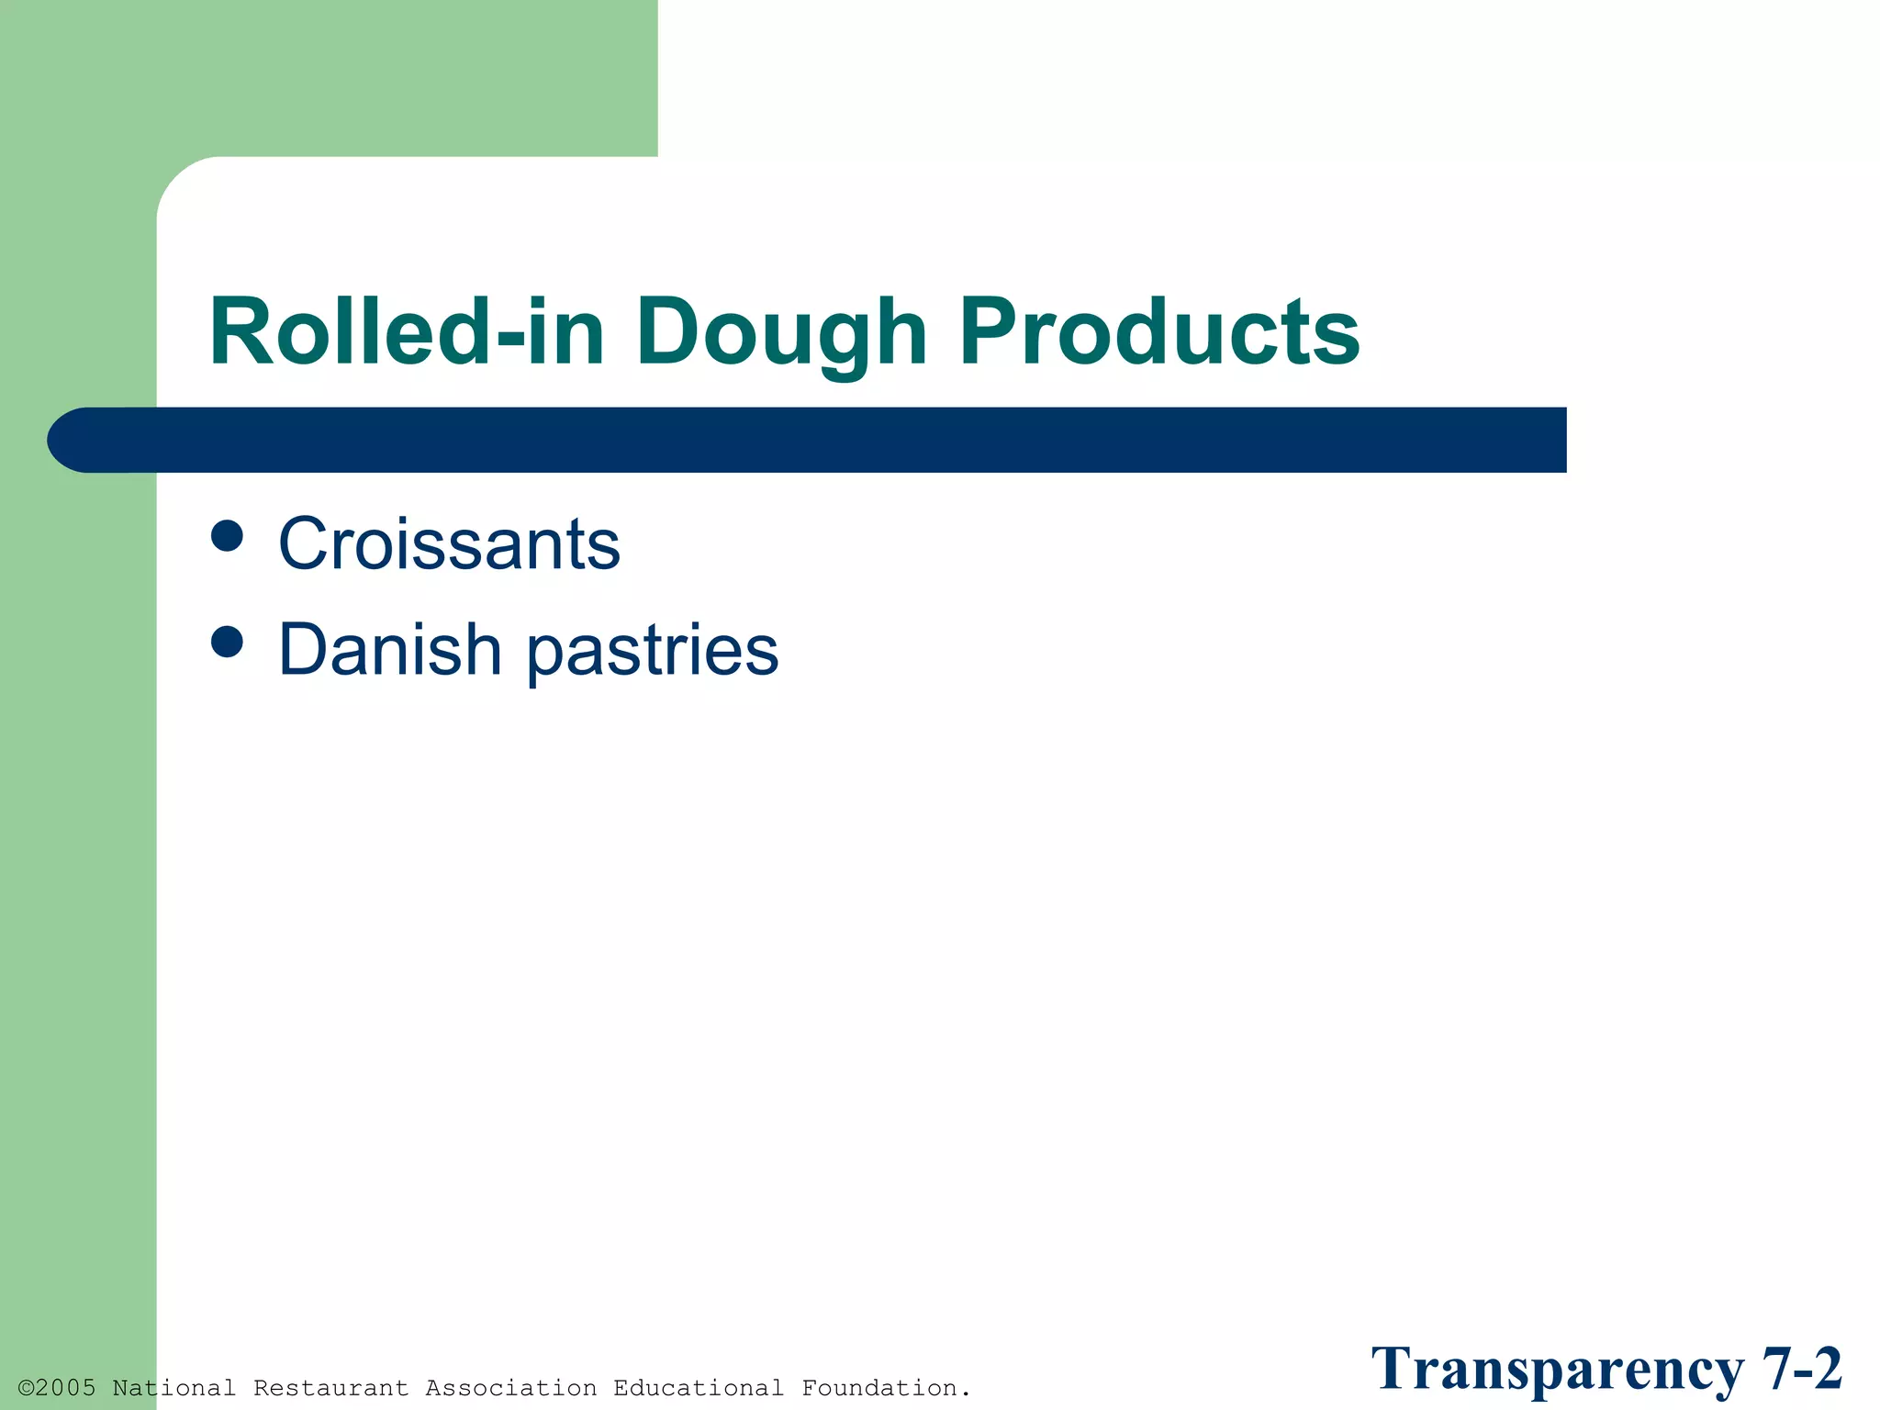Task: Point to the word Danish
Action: (x=389, y=650)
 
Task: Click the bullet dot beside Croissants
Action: (x=227, y=535)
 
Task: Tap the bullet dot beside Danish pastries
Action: (x=227, y=642)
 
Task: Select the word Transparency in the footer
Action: (x=1557, y=1371)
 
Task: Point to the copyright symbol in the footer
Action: (x=26, y=1388)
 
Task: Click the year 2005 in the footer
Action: (x=65, y=1388)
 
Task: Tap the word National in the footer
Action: (x=174, y=1388)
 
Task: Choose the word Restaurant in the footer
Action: (x=331, y=1388)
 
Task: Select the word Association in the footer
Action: (x=511, y=1388)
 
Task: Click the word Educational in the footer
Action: (x=699, y=1388)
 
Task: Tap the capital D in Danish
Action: (x=300, y=650)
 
